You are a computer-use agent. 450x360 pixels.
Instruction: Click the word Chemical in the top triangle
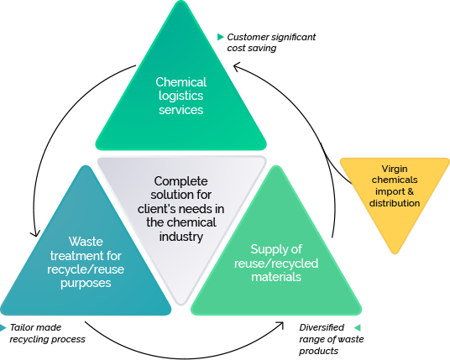[181, 82]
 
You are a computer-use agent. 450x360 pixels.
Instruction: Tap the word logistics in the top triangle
[181, 97]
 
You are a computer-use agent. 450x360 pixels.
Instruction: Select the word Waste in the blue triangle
[86, 242]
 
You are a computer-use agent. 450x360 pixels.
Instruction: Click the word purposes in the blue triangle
[86, 284]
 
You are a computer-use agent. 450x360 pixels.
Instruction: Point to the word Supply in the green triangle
[276, 249]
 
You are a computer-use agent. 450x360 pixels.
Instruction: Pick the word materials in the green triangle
[276, 277]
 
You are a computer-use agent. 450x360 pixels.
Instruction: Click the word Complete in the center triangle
[181, 182]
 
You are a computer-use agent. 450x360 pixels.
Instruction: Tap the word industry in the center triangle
[181, 237]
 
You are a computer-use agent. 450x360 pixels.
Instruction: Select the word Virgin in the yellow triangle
[395, 170]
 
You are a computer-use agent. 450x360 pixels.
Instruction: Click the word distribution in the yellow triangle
[395, 203]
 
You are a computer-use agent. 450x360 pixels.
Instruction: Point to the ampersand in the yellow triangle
[411, 191]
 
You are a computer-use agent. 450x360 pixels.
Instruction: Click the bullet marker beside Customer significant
[221, 37]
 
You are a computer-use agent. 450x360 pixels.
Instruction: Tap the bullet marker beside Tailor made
[3, 327]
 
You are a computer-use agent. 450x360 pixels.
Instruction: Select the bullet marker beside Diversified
[358, 327]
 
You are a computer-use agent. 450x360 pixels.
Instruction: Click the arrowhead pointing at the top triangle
[237, 68]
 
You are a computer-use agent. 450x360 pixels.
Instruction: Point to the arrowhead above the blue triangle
[35, 233]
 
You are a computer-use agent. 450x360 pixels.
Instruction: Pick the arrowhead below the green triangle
[280, 325]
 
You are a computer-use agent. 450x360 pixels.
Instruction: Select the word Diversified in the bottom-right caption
[322, 327]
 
